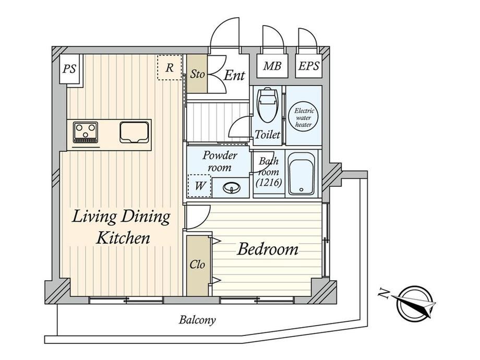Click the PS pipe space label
[69, 68]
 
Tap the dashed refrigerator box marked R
[170, 67]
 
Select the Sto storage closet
[197, 74]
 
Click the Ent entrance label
[234, 75]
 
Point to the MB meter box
[272, 66]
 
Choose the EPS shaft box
[309, 66]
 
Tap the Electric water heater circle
[303, 117]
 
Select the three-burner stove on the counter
[86, 132]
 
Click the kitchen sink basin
[135, 132]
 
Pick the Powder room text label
[220, 161]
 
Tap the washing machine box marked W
[200, 186]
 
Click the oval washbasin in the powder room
[232, 188]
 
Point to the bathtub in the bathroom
[302, 173]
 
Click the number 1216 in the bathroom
[269, 183]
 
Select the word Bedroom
[268, 249]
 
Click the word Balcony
[197, 320]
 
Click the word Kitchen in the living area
[123, 238]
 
